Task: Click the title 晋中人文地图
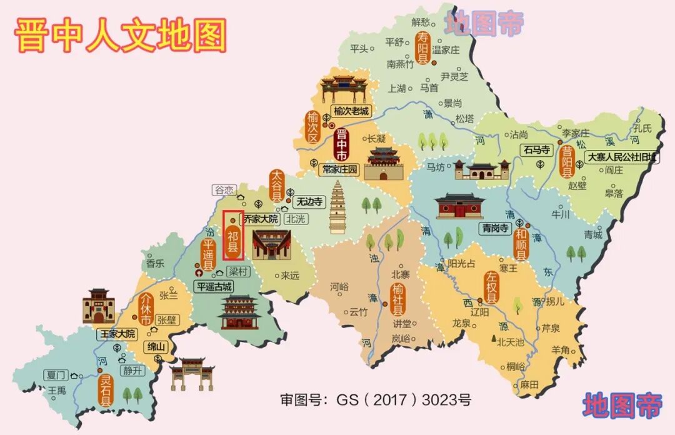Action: (x=120, y=35)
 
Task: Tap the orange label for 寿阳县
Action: (x=423, y=49)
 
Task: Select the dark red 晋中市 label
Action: (x=341, y=145)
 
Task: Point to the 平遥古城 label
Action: (x=214, y=287)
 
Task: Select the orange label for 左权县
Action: (x=491, y=288)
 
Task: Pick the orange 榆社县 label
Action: (x=398, y=299)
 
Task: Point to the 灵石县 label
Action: (x=106, y=389)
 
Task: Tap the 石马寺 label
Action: (x=536, y=150)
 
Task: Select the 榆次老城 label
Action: (x=351, y=111)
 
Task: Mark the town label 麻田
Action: (x=529, y=385)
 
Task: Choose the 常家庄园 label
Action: (x=341, y=169)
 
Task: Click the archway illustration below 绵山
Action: (x=188, y=373)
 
